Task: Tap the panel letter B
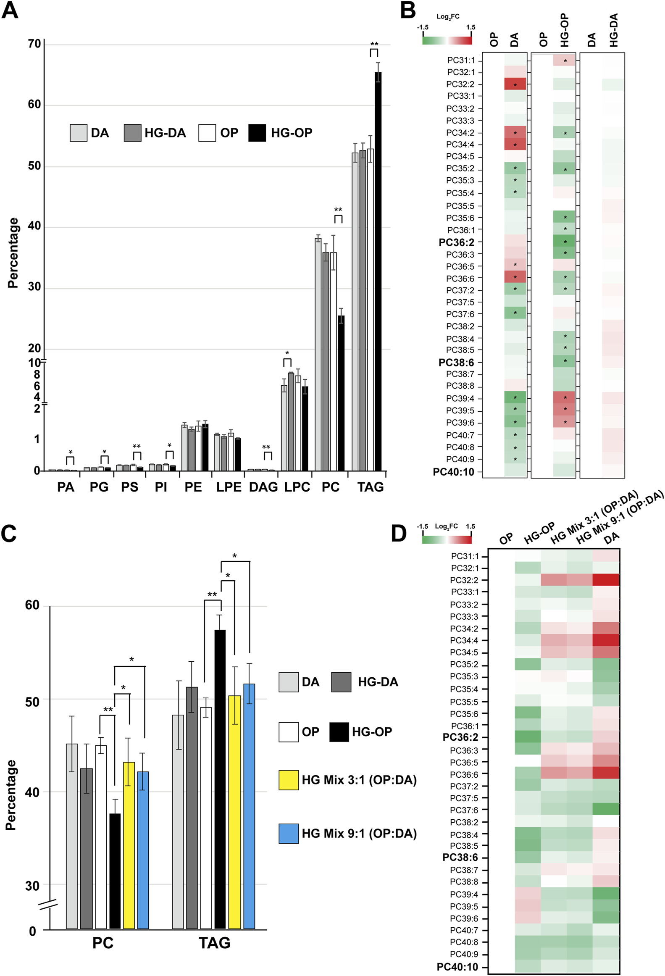point(407,10)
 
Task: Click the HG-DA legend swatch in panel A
point(132,133)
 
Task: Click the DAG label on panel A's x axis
point(263,487)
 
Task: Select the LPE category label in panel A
point(229,487)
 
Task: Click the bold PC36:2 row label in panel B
point(456,242)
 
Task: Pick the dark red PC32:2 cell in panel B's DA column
point(515,84)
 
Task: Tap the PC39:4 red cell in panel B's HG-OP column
point(564,397)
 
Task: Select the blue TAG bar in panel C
point(249,811)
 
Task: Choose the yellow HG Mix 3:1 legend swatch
point(289,780)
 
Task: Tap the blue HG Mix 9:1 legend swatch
point(289,834)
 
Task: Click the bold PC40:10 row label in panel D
point(457,967)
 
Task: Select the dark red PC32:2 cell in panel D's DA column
point(606,580)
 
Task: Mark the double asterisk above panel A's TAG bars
point(374,44)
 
